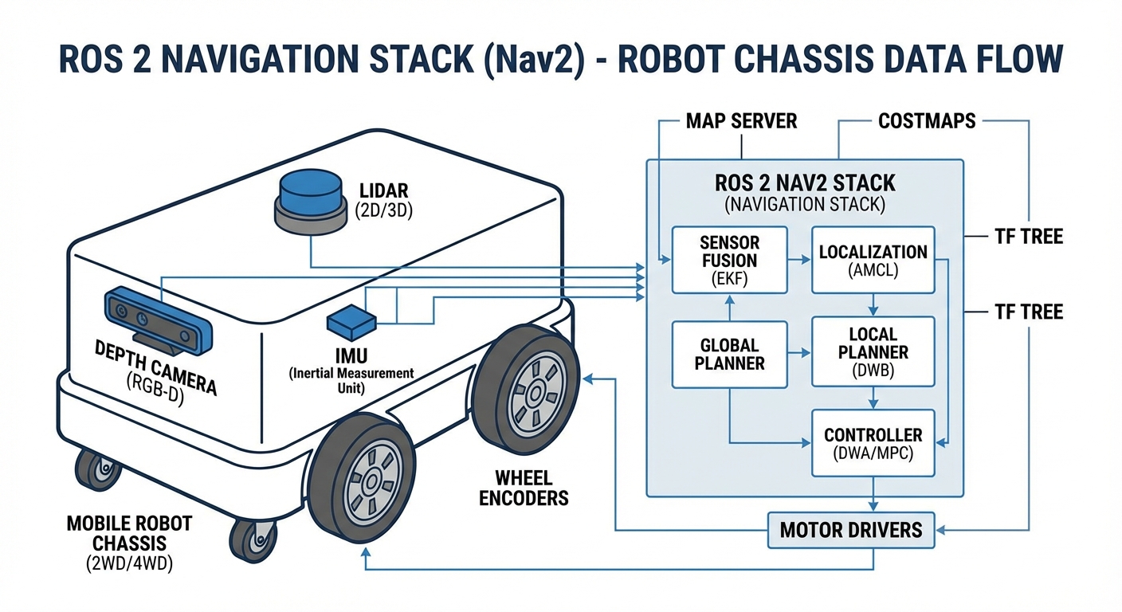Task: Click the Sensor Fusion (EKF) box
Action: click(729, 260)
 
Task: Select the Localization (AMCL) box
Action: click(873, 260)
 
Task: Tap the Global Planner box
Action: click(729, 355)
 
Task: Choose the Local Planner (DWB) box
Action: click(873, 353)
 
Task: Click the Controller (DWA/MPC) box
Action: click(873, 443)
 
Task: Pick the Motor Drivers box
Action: click(851, 530)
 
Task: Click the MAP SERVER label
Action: click(741, 122)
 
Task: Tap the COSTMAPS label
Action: click(927, 122)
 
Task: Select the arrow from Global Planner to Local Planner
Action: click(799, 353)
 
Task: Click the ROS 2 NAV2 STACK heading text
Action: click(804, 183)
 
